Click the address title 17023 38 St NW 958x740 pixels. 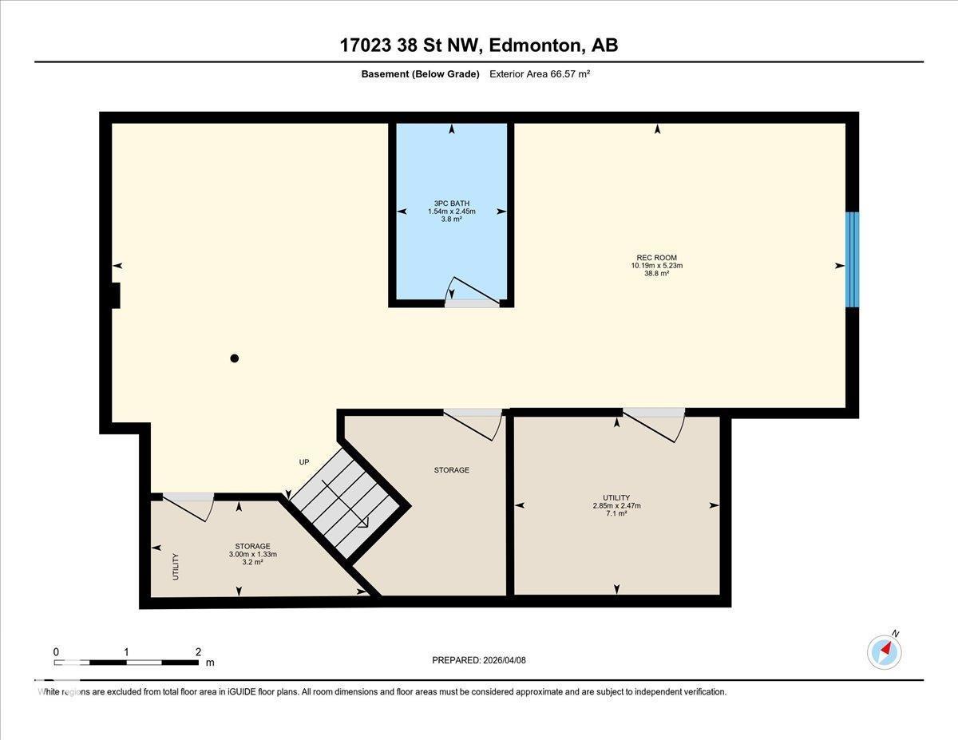pos(478,46)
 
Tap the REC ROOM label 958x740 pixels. pos(656,257)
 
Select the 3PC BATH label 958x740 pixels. pos(451,203)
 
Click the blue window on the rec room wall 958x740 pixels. pos(853,259)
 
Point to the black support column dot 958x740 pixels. pos(235,358)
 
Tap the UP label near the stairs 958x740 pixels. pos(303,462)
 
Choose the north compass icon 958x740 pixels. pos(885,651)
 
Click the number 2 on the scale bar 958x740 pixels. pos(198,651)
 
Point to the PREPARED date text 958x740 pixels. pos(479,660)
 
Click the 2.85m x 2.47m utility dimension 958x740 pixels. pos(616,505)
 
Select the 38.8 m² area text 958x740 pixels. pos(656,274)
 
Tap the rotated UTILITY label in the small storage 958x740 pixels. pos(176,566)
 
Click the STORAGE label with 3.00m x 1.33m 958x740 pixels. pos(252,546)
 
